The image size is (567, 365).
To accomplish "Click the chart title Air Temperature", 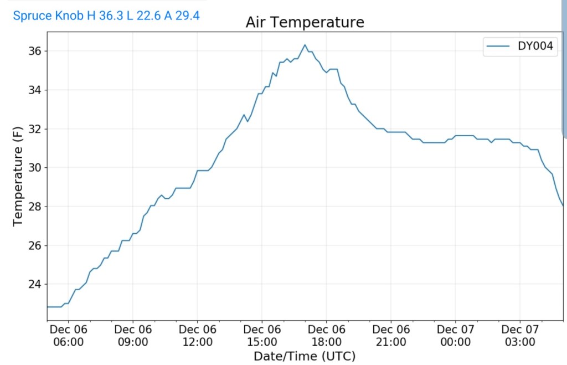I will click(305, 22).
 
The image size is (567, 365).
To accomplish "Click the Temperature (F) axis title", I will click(18, 174).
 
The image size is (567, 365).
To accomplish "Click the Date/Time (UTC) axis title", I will click(305, 356).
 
